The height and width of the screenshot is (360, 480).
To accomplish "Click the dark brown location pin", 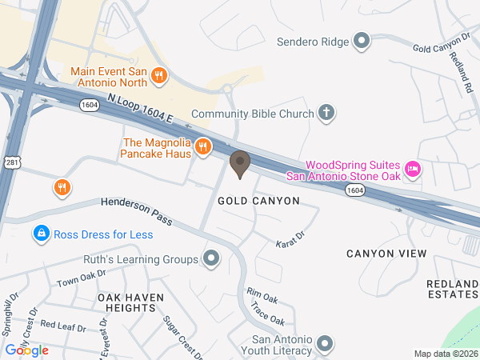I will [x=239, y=163].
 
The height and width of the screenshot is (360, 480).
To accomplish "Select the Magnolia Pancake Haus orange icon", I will [x=202, y=146].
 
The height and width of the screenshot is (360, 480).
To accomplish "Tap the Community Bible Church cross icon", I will [x=326, y=114].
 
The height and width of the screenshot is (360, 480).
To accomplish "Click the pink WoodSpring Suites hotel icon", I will [x=413, y=168].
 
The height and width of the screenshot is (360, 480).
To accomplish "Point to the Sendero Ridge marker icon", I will [x=362, y=41].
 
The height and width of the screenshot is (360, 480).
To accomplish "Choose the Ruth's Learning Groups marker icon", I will [x=211, y=259].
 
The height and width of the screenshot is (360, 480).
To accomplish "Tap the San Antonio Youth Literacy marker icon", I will [x=325, y=344].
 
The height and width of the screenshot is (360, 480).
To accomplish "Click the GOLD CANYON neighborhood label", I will [x=258, y=201].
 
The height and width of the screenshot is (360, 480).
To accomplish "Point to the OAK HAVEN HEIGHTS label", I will [x=130, y=302].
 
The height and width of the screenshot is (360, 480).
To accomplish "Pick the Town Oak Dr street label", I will [x=80, y=279].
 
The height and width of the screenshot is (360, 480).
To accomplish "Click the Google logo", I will [x=27, y=350].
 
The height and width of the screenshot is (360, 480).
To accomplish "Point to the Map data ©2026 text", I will [x=445, y=354].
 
